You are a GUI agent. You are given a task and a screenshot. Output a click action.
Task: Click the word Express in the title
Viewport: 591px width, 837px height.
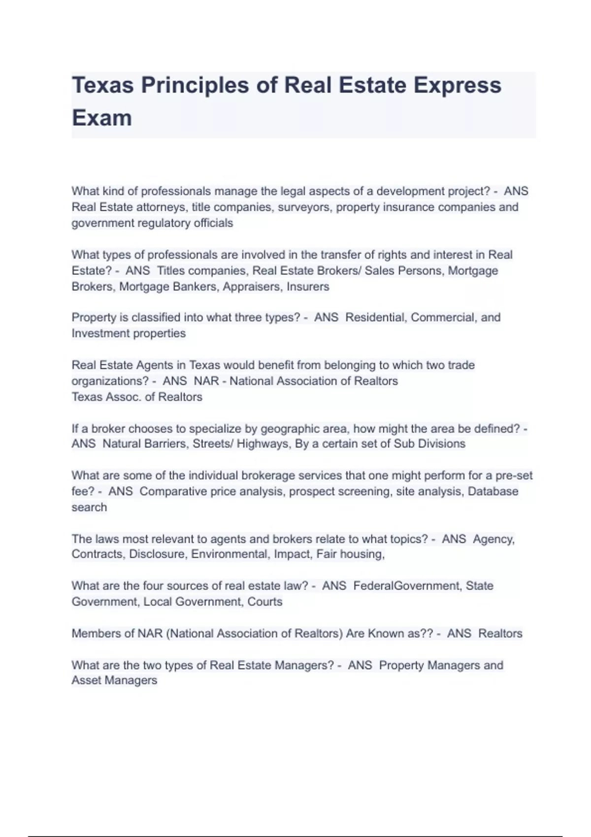tap(457, 85)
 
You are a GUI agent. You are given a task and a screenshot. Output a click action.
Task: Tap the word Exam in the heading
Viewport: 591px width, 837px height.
tap(102, 118)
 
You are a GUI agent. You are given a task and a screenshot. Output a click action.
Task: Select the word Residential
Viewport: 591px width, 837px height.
tap(376, 318)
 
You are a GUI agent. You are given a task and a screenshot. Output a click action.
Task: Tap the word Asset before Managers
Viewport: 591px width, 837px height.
tap(86, 680)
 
